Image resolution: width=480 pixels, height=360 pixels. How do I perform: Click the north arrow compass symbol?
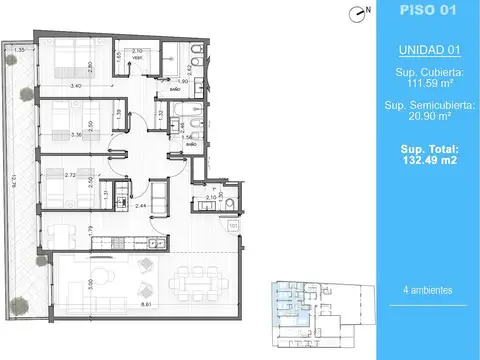point(359,12)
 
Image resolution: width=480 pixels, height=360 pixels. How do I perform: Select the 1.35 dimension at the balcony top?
point(19,49)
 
